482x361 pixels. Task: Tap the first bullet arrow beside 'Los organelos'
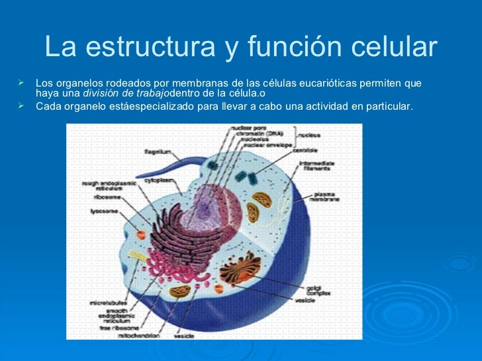(x=22, y=83)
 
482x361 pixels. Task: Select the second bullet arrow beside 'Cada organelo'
(x=22, y=106)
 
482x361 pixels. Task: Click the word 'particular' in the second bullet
(x=388, y=106)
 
